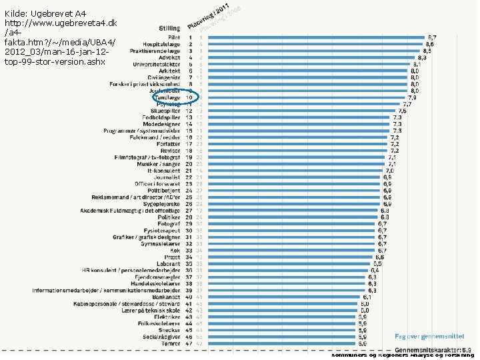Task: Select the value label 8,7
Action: [x=432, y=37]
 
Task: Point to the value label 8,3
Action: [x=422, y=57]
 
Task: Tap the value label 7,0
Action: [x=389, y=171]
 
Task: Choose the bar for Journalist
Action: [x=293, y=177]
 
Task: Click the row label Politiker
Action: [x=169, y=217]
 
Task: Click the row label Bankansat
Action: [x=166, y=297]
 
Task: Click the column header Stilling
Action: [x=169, y=27]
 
